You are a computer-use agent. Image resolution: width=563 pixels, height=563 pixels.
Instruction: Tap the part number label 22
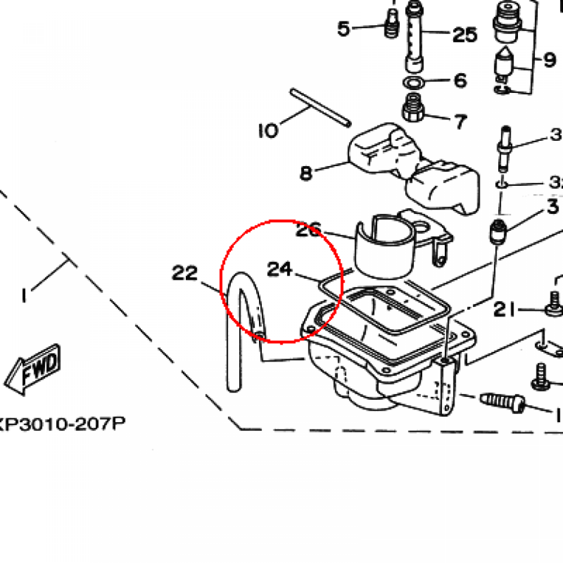(x=185, y=273)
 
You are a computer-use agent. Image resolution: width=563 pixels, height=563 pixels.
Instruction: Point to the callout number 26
(x=308, y=230)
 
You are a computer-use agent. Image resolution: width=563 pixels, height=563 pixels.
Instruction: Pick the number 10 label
(x=268, y=130)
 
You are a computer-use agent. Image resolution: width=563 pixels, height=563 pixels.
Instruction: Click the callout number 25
(x=465, y=35)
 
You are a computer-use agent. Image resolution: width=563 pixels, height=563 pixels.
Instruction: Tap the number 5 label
(x=344, y=28)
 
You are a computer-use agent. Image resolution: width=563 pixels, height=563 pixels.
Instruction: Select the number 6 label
(x=460, y=81)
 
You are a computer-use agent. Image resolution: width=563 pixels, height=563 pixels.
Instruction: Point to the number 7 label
(x=460, y=120)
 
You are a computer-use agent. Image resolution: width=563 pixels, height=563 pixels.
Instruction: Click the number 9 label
(x=549, y=59)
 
